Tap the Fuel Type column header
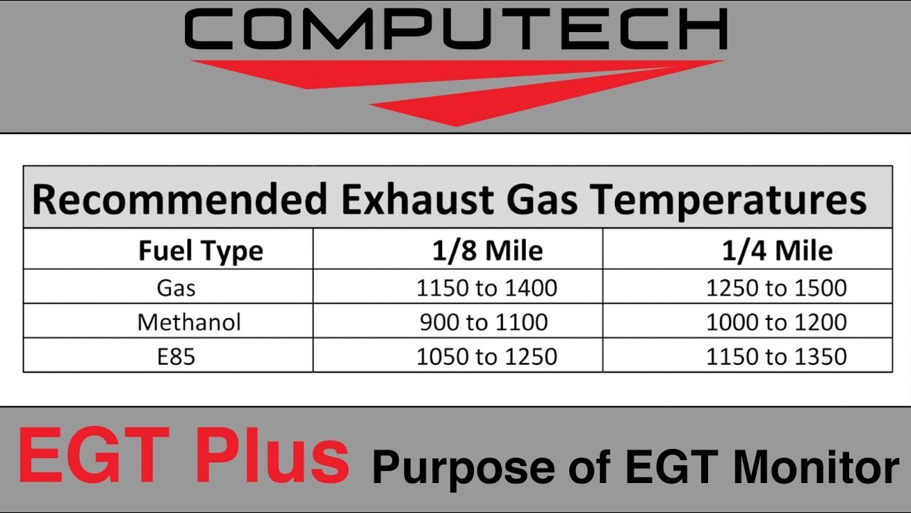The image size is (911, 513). (x=200, y=251)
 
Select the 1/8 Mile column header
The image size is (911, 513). (x=488, y=251)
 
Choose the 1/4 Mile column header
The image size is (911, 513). (x=776, y=251)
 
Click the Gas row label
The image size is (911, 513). (x=177, y=288)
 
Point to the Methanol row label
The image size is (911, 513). (x=189, y=322)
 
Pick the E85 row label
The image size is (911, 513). (x=176, y=356)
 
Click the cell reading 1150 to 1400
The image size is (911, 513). (x=487, y=288)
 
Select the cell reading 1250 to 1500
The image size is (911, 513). (x=776, y=288)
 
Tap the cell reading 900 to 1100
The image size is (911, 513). (x=484, y=322)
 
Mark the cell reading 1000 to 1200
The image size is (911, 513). (x=776, y=322)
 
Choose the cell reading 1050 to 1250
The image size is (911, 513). (x=487, y=356)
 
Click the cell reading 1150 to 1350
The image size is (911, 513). (x=776, y=356)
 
